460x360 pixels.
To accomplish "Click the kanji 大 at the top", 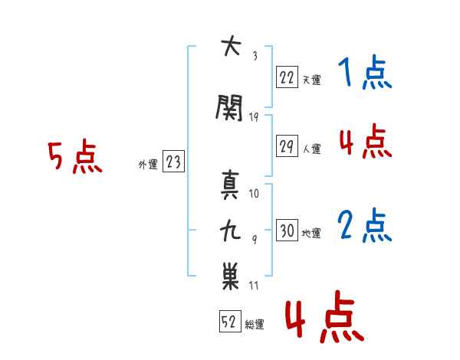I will coord(229,47).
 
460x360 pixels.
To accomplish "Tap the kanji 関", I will coord(230,108).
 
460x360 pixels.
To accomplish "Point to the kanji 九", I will coord(230,230).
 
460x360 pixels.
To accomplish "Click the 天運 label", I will coord(311,78).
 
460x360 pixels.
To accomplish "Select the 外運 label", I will coord(147,163).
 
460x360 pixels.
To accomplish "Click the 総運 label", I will coord(255,325).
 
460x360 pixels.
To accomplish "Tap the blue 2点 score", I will coord(365,227).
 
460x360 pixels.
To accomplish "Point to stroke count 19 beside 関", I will coord(255,116).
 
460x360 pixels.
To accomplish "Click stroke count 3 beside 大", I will coord(255,55).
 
